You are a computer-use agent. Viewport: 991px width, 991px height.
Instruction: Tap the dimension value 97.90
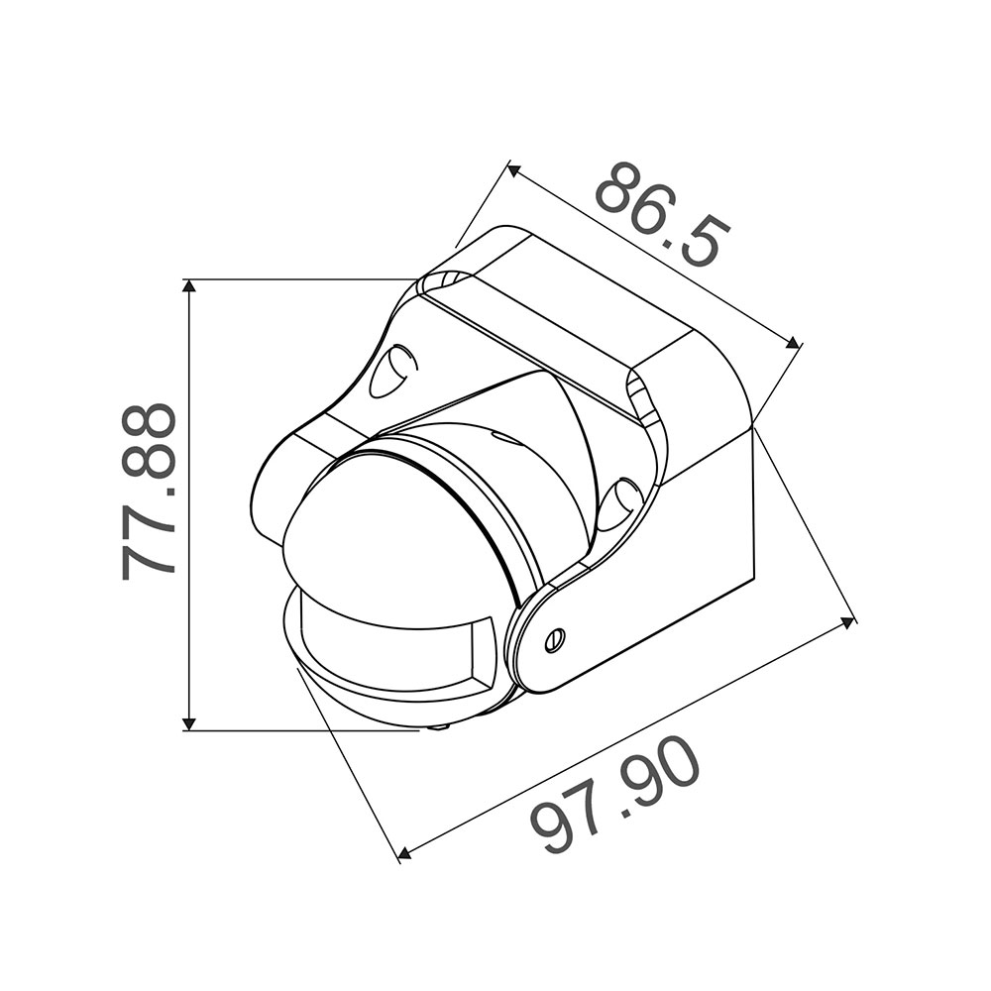click(x=614, y=798)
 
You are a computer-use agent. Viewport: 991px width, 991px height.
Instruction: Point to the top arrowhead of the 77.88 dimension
click(x=189, y=286)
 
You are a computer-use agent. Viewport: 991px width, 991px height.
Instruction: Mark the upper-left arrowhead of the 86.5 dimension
click(x=513, y=170)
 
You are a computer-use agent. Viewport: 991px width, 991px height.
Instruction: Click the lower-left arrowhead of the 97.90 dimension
click(x=402, y=852)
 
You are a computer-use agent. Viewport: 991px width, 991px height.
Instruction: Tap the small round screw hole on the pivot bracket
click(x=556, y=638)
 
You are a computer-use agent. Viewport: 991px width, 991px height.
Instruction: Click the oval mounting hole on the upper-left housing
click(x=391, y=371)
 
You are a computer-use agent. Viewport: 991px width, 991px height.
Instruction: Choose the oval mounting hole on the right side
click(x=618, y=501)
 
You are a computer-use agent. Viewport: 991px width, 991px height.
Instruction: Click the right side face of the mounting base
click(x=709, y=515)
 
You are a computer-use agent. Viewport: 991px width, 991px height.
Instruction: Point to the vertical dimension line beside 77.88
click(x=189, y=595)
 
